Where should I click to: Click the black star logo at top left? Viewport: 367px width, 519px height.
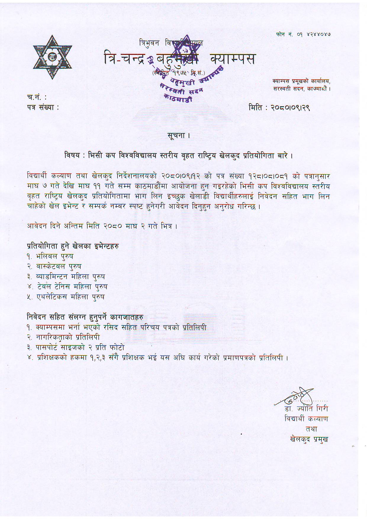tap(52, 57)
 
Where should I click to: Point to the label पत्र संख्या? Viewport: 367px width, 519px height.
tap(43, 107)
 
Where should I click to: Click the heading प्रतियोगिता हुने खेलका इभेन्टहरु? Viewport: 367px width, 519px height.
tap(73, 246)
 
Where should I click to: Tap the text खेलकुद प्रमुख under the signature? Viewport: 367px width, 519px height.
tap(309, 439)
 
